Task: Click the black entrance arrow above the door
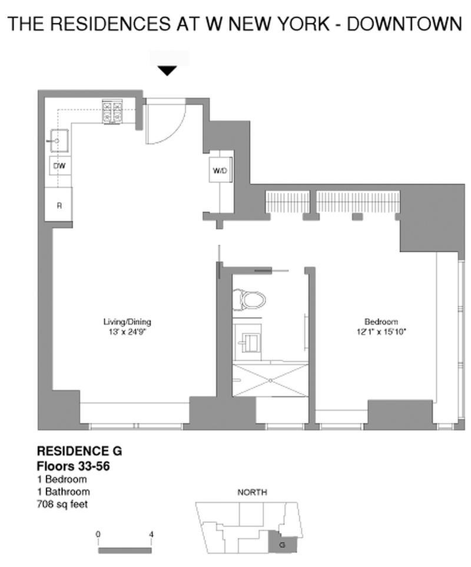coord(168,71)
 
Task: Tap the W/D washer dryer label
coord(220,171)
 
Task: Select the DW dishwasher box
coord(59,166)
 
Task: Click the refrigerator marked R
coord(59,205)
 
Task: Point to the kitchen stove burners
coord(112,112)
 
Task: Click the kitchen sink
coord(59,141)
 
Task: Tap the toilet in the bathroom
coord(250,299)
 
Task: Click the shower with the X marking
coord(270,381)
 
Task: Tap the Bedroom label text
coord(381,322)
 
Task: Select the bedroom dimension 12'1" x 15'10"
coord(381,332)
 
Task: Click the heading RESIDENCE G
coord(79,452)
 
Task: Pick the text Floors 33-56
coord(74,466)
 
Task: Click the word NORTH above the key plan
coord(252,492)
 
